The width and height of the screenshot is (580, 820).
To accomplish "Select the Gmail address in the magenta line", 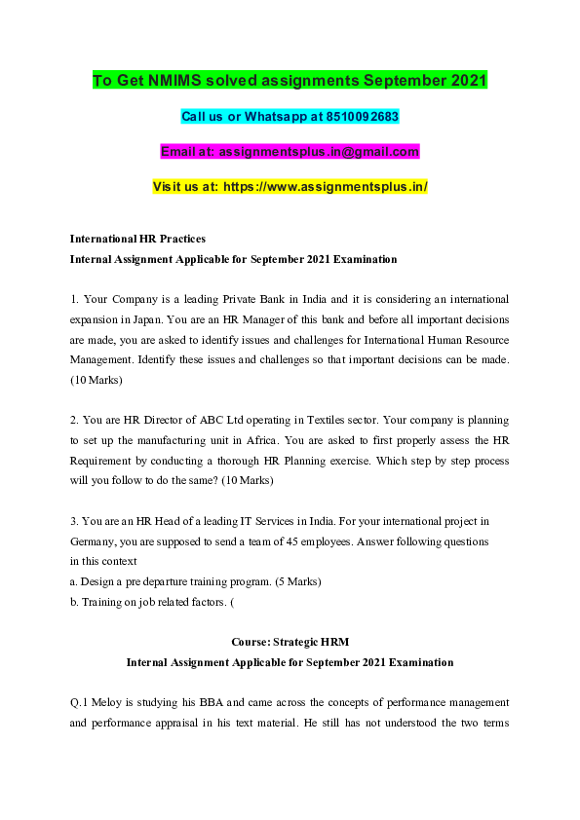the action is coord(319,151).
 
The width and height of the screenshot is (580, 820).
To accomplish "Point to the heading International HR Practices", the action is coord(137,239).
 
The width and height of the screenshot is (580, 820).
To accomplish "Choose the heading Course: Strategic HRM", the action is coord(290,642).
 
